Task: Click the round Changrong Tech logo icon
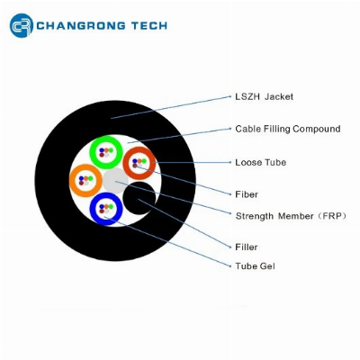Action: pos(21,25)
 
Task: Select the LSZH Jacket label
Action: pos(264,96)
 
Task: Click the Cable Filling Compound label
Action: pos(288,129)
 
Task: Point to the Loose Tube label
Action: pos(260,162)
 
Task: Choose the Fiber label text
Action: pos(247,194)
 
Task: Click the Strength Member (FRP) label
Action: pos(291,216)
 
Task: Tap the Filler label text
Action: pos(247,247)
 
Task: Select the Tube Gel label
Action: pos(255,266)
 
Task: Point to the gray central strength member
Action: pos(115,181)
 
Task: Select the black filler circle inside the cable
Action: pos(139,198)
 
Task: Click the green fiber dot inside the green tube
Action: pos(111,150)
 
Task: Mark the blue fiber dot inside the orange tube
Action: pos(81,178)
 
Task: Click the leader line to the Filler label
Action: pos(184,223)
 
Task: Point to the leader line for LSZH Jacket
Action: pos(171,107)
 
